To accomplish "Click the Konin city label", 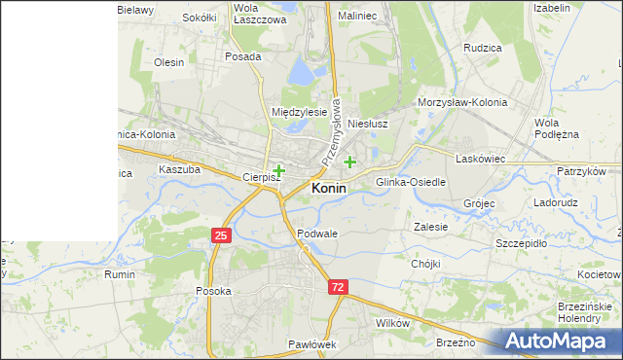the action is pyautogui.click(x=328, y=189).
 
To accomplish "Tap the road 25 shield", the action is pyautogui.click(x=221, y=235).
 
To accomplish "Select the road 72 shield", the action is pyautogui.click(x=337, y=288).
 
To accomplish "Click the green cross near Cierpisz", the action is pyautogui.click(x=278, y=170).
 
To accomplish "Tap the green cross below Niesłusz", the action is pyautogui.click(x=349, y=162).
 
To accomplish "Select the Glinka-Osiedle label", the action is pyautogui.click(x=411, y=182).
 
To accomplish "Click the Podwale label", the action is pyautogui.click(x=317, y=234).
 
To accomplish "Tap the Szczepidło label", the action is pyautogui.click(x=521, y=243).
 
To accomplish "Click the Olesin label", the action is pyautogui.click(x=169, y=62).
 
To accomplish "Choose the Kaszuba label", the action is pyautogui.click(x=179, y=169).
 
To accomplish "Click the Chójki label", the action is pyautogui.click(x=425, y=264).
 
